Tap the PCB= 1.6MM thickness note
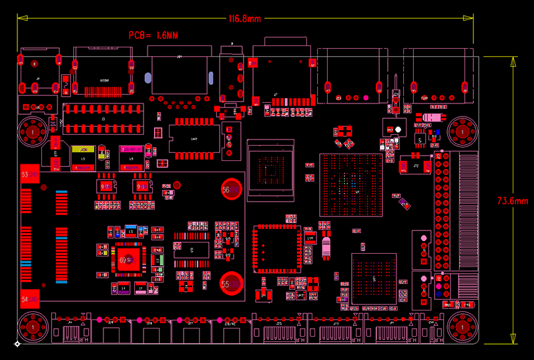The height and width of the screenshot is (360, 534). tap(154, 35)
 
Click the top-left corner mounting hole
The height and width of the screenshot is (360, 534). tap(32, 132)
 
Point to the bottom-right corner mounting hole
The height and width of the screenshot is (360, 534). tap(461, 327)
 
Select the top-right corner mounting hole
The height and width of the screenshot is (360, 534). tap(461, 132)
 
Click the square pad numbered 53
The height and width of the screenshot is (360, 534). tap(29, 174)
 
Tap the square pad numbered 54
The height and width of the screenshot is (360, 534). tap(29, 299)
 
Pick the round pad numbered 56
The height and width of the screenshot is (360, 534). tap(232, 190)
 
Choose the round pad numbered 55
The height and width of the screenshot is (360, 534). tap(232, 284)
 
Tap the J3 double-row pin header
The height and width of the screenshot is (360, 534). tap(103, 118)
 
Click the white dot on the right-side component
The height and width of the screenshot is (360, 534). tap(398, 129)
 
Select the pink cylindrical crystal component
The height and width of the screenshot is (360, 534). tap(326, 247)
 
